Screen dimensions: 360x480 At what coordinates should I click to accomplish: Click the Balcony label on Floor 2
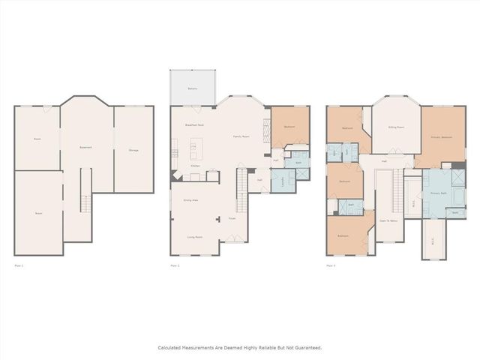pos(192,88)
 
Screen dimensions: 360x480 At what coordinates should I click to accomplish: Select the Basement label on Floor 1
pos(86,147)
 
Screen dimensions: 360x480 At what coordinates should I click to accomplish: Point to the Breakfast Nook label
pos(195,125)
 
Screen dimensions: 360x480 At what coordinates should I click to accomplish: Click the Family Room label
pos(241,136)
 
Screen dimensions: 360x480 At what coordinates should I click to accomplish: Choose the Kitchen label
pos(195,166)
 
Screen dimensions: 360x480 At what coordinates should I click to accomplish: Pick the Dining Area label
pos(191,200)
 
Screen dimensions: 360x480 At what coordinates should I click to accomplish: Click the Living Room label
pos(195,237)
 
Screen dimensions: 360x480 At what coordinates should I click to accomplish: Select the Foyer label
pos(232,219)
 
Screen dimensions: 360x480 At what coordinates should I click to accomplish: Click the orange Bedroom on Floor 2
pos(289,127)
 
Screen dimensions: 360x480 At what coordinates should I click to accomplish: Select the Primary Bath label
pos(438,193)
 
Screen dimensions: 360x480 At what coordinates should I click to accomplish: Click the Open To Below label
pos(388,220)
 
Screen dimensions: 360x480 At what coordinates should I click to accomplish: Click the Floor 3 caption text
pos(331,265)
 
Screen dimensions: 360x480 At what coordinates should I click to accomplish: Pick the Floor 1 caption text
pos(19,265)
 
